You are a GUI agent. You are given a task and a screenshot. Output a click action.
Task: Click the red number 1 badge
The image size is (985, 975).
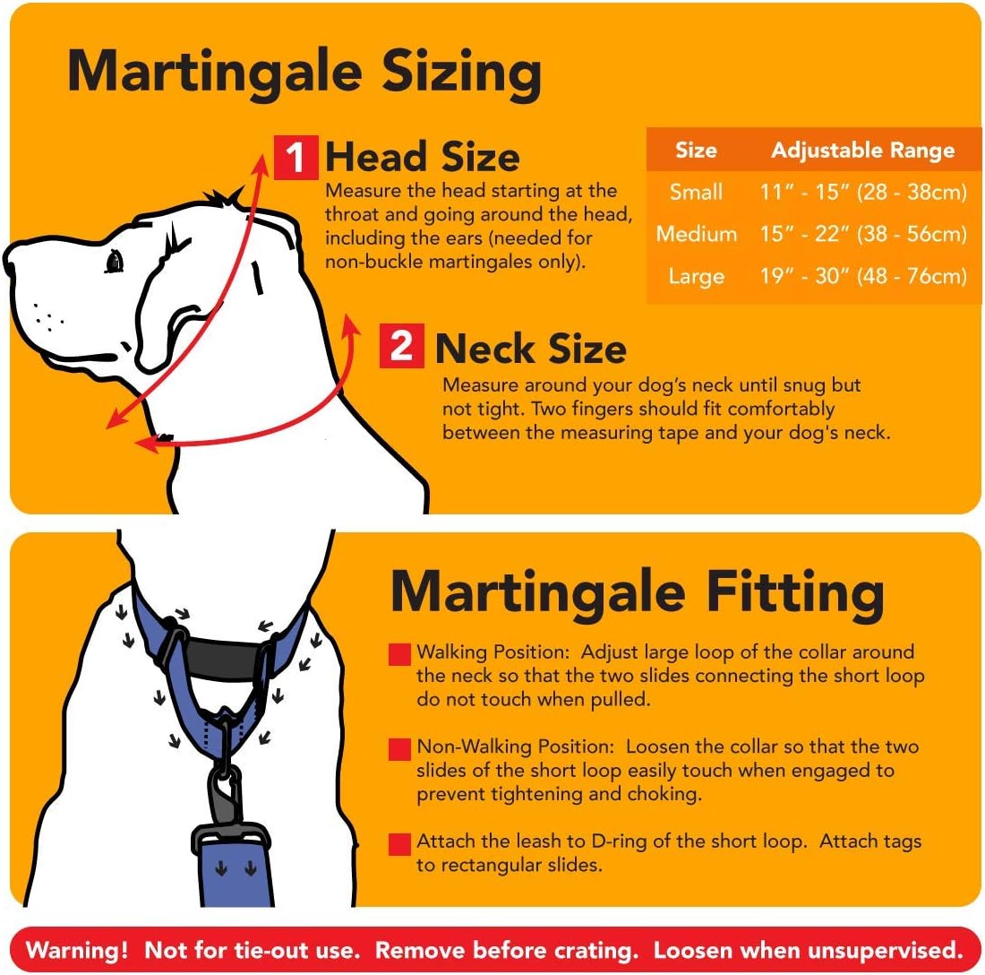[295, 158]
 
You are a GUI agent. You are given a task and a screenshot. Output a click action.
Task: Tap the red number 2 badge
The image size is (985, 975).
[402, 347]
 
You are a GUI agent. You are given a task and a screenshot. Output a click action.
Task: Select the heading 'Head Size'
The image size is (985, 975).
[422, 158]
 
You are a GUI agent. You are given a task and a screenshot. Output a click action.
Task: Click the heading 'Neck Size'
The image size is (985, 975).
[530, 349]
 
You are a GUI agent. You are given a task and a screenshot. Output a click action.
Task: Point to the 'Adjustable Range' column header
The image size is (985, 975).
[862, 150]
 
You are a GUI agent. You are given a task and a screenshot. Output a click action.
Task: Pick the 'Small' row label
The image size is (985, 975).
[696, 192]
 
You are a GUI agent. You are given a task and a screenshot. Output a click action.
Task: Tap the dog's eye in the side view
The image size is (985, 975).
[115, 261]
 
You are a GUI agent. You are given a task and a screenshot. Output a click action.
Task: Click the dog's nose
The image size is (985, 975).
[11, 262]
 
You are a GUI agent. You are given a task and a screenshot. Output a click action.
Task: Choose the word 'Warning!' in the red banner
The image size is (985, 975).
[78, 950]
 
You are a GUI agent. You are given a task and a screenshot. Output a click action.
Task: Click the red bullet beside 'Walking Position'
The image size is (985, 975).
[399, 654]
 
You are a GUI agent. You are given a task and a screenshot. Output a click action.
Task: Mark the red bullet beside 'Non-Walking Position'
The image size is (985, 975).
[399, 749]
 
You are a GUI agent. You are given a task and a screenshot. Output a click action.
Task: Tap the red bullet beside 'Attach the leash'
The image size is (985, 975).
[399, 844]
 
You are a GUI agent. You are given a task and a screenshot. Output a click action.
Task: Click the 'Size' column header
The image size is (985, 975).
[696, 150]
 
